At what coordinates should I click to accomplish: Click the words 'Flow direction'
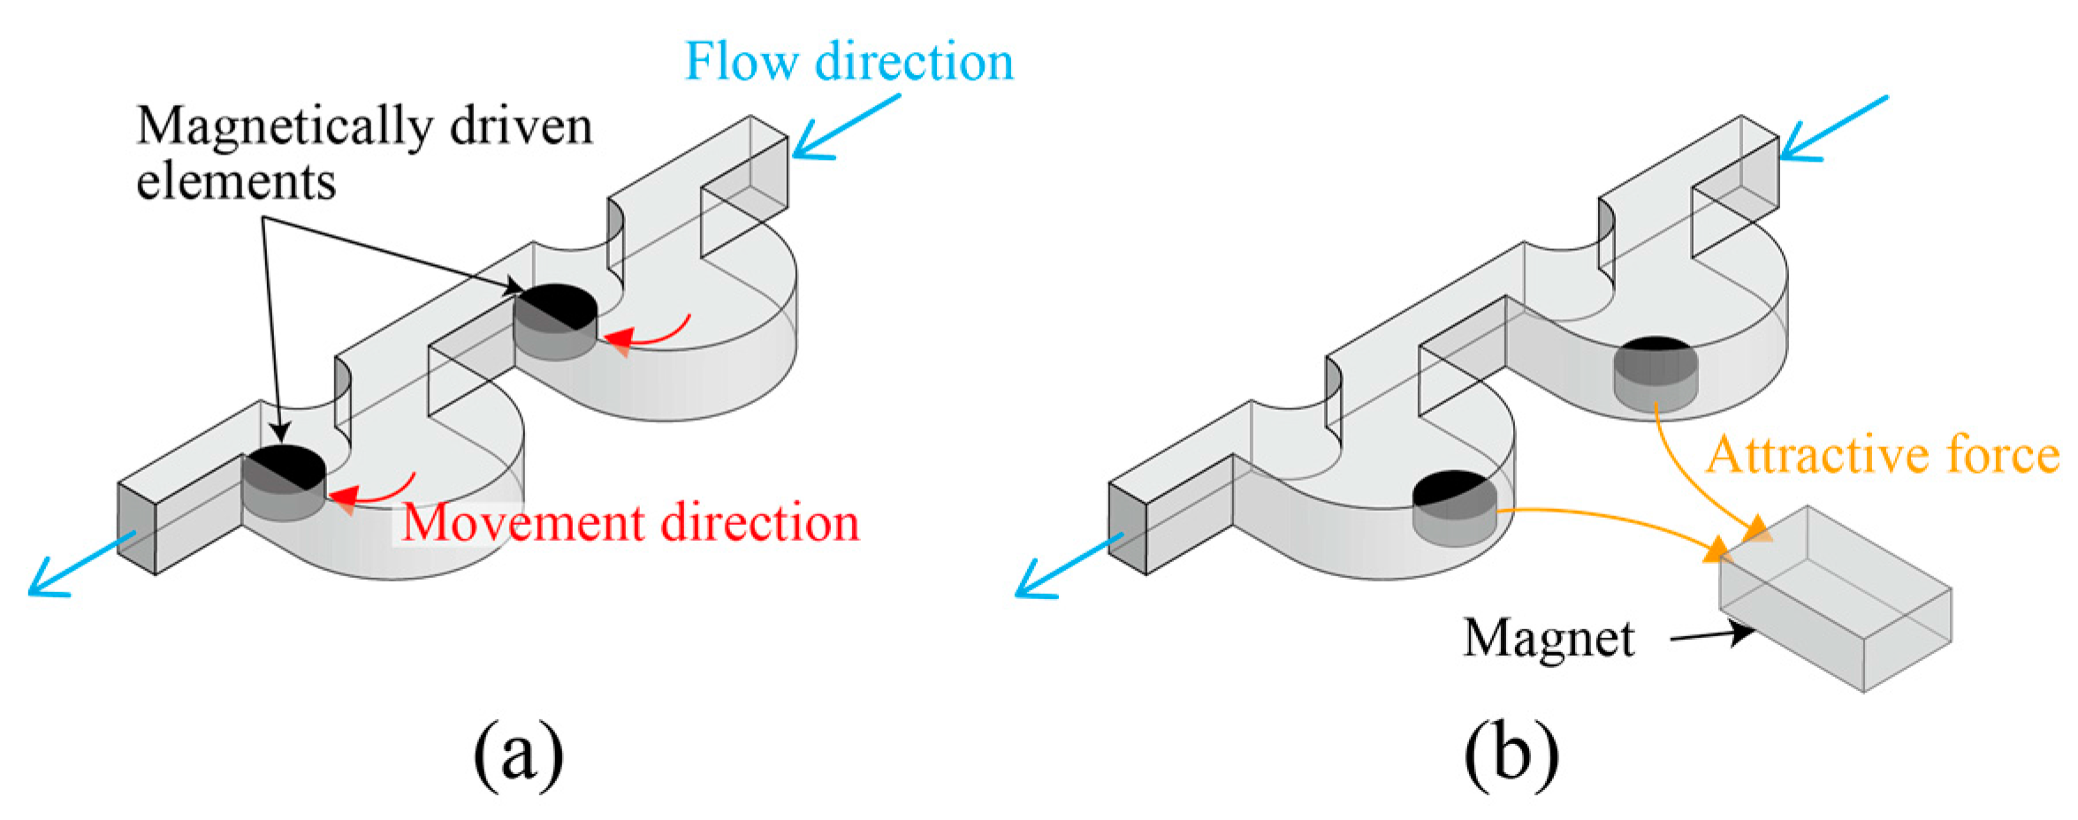[849, 62]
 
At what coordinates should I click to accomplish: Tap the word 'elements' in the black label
[236, 183]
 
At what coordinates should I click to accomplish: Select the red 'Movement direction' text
[630, 523]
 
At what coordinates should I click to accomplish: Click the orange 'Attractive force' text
[1882, 456]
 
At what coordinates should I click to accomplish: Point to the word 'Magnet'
[1549, 638]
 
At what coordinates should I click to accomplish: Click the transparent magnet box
[1834, 601]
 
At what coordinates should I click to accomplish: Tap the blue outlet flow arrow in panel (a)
[81, 562]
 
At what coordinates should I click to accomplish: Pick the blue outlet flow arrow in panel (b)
[1068, 566]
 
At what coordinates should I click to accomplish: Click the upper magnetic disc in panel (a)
[555, 322]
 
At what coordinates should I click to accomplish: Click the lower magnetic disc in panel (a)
[284, 482]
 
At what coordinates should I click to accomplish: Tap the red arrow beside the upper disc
[650, 332]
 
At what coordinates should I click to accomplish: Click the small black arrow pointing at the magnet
[1710, 634]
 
